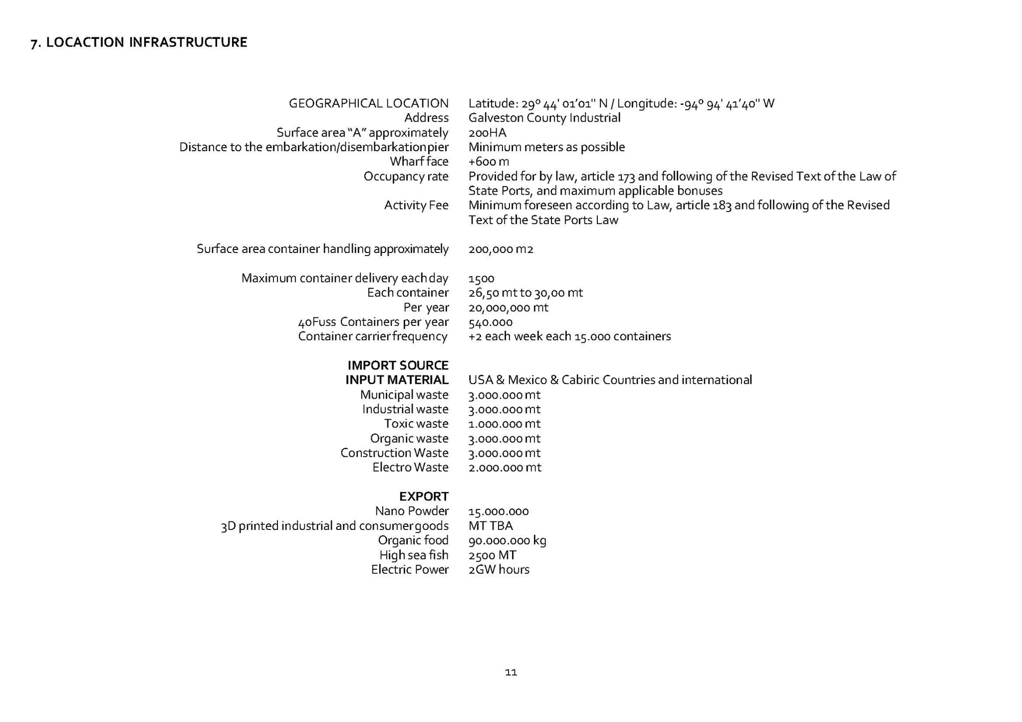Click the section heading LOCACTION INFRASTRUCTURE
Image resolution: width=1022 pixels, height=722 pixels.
tap(139, 42)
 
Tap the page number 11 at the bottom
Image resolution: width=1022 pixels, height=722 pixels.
tap(510, 672)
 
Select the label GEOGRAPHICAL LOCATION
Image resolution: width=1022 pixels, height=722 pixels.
tap(368, 103)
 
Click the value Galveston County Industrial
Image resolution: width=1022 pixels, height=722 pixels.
tap(544, 118)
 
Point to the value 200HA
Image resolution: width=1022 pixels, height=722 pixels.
tap(487, 133)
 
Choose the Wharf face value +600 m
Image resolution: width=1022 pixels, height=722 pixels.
tap(489, 161)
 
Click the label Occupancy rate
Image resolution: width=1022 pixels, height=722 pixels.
tap(406, 176)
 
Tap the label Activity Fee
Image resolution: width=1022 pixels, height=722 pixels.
tap(416, 205)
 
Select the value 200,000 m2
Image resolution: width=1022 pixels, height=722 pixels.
tap(501, 249)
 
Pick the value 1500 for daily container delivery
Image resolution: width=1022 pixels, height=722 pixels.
tap(481, 278)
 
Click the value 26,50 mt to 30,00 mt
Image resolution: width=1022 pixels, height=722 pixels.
tap(525, 293)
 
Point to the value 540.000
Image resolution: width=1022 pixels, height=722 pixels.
tap(491, 322)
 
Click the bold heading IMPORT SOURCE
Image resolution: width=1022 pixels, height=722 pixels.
tap(398, 365)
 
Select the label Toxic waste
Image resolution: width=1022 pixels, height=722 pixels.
tap(416, 424)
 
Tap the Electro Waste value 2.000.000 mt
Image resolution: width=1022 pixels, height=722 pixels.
tap(504, 467)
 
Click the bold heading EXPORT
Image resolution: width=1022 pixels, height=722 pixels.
tap(424, 496)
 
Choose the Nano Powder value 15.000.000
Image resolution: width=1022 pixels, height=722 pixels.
tap(498, 511)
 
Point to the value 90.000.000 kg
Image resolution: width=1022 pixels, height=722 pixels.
tap(507, 540)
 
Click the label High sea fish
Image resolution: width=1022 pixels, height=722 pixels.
tap(413, 555)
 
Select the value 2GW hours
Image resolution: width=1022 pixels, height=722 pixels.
tap(499, 569)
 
